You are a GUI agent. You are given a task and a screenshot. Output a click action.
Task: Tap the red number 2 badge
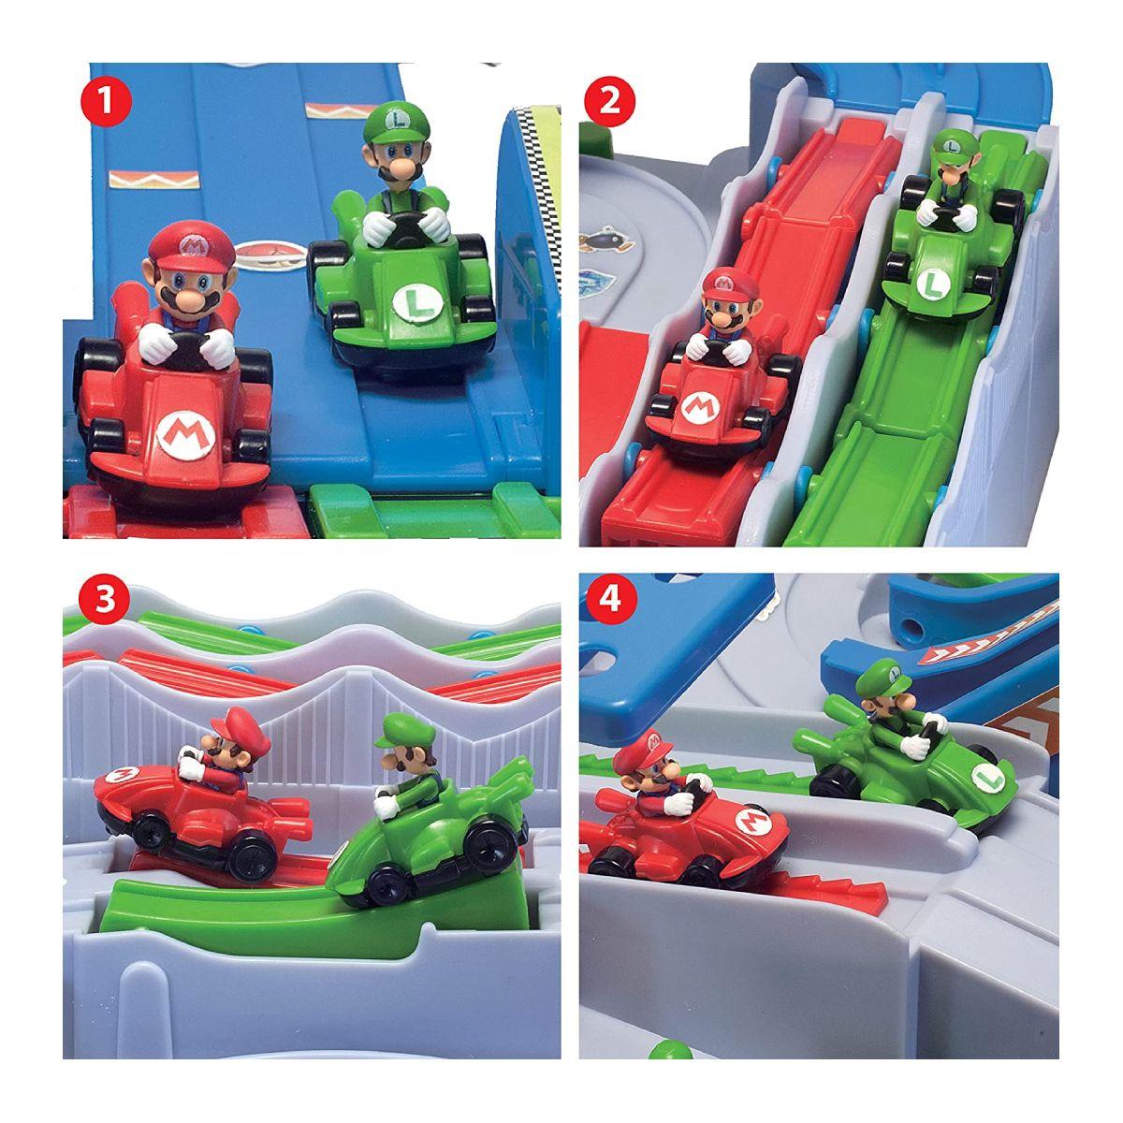[x=609, y=100]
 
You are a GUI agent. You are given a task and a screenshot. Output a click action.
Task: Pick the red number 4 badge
[x=609, y=601]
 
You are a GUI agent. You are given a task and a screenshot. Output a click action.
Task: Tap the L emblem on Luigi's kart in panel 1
[x=411, y=301]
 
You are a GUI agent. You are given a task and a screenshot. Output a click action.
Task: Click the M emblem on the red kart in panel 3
[x=121, y=776]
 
